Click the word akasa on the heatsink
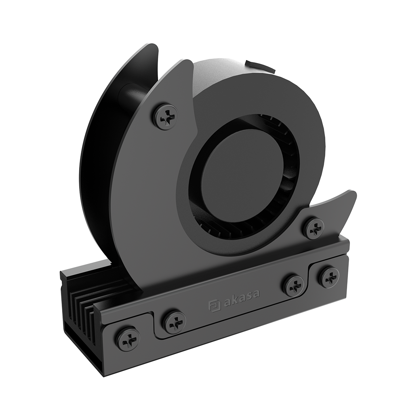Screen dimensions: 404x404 click(242, 299)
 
